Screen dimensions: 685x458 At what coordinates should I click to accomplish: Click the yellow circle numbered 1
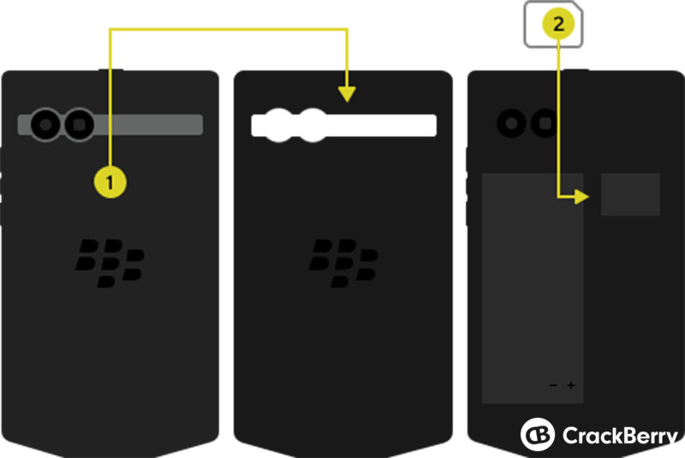click(110, 181)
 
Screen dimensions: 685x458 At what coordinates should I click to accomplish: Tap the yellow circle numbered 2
click(558, 24)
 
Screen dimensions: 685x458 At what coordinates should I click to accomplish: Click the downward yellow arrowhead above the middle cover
click(347, 94)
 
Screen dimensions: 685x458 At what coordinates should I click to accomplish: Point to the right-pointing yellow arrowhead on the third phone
click(581, 197)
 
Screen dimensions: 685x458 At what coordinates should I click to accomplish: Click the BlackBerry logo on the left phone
click(110, 263)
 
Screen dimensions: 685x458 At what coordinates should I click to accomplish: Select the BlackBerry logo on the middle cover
click(343, 263)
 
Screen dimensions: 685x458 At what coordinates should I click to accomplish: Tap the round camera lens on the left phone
click(45, 125)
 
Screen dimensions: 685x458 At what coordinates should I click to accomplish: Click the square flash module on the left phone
click(79, 125)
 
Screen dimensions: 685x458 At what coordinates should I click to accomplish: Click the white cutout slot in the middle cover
click(344, 125)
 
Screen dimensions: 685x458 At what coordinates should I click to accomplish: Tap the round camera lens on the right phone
click(511, 123)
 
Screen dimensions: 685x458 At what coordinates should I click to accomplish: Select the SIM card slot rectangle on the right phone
click(630, 194)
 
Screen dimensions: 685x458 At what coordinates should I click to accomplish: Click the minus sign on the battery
click(553, 385)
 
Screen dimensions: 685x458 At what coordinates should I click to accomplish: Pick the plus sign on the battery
click(571, 385)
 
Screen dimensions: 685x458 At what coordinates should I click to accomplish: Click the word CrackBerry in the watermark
click(620, 436)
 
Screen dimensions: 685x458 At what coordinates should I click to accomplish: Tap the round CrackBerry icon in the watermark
click(538, 434)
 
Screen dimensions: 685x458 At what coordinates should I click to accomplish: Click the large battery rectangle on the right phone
click(533, 288)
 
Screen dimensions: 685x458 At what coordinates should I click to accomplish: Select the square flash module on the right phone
click(545, 123)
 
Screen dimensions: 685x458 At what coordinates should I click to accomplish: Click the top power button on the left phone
click(110, 69)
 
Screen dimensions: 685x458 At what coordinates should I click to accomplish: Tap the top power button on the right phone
click(575, 69)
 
